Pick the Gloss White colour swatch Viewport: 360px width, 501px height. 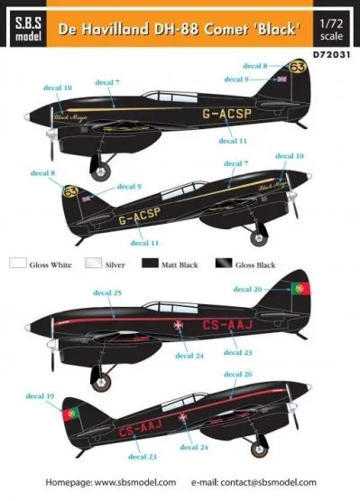(19, 264)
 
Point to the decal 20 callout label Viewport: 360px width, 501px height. (248, 289)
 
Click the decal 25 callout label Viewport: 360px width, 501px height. (106, 292)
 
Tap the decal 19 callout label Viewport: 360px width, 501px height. (43, 396)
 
